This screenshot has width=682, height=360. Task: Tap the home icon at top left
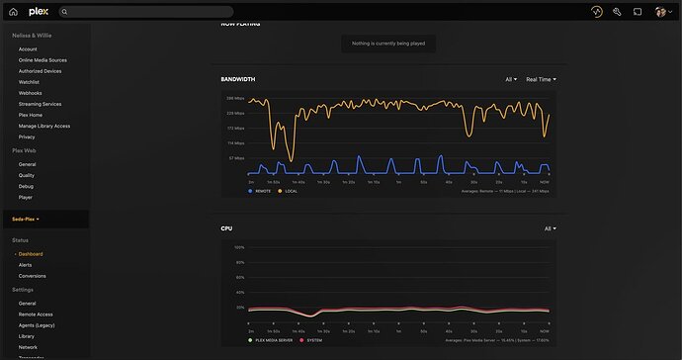coord(14,12)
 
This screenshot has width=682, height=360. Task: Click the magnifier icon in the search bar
coord(65,12)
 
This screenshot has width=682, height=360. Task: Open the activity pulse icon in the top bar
coord(596,12)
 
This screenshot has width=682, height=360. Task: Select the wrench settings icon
coord(617,12)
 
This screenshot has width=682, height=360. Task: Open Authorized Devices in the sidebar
coord(40,71)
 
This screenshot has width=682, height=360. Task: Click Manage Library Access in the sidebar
coord(43,126)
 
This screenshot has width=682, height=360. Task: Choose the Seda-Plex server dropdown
coord(26,219)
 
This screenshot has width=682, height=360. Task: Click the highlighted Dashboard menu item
coord(31,254)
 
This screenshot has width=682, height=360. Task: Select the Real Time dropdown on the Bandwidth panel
coord(541,79)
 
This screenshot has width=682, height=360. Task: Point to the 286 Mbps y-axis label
coord(236,99)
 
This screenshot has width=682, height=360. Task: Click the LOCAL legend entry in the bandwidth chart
coord(288,191)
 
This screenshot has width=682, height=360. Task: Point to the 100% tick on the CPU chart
coord(239,247)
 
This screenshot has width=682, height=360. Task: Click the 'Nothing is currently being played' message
coord(388,44)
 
